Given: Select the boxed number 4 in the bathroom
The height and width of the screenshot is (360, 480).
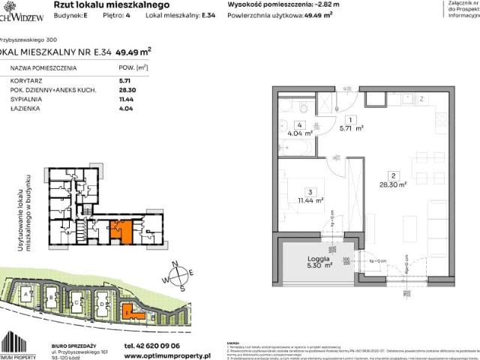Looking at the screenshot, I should point(298,126).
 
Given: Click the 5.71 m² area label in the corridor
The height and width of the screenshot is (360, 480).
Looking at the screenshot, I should point(351,128).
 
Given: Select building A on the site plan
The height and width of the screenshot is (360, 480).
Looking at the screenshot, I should point(28,295).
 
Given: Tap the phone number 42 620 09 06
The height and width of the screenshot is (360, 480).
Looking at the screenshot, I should point(145,337).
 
